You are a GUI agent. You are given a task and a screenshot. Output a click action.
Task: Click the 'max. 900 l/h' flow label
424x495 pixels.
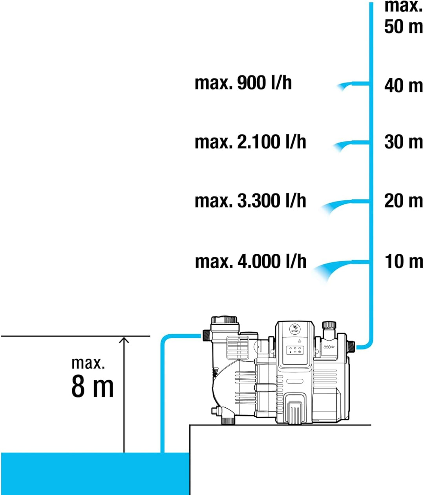(x=243, y=83)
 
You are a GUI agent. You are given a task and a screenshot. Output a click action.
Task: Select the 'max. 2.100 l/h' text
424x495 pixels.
(x=250, y=142)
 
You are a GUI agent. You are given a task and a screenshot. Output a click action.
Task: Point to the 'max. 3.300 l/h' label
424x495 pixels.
(x=250, y=201)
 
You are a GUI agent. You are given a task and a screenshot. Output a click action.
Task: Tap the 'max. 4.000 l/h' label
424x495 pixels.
(x=250, y=261)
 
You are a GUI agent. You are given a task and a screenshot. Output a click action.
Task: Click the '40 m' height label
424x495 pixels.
(x=404, y=86)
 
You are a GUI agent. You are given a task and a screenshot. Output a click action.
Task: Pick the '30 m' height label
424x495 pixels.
(x=404, y=142)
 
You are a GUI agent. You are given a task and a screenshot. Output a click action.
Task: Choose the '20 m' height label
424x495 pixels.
(x=404, y=201)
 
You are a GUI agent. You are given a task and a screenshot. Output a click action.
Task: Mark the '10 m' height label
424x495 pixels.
(x=404, y=261)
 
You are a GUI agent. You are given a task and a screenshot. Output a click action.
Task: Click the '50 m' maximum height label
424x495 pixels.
(x=404, y=26)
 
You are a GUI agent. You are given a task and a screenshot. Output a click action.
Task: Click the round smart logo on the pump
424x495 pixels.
(x=294, y=328)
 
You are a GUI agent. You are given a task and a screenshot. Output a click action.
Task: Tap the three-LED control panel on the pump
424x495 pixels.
(x=295, y=350)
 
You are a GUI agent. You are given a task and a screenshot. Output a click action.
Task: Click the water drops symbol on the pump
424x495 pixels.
(x=329, y=347)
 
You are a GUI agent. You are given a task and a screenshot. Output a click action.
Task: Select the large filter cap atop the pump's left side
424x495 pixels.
(x=224, y=320)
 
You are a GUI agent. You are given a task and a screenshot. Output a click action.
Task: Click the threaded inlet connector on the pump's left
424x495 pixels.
(x=206, y=335)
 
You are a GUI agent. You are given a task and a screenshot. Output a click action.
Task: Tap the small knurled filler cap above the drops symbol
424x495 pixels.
(x=329, y=325)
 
